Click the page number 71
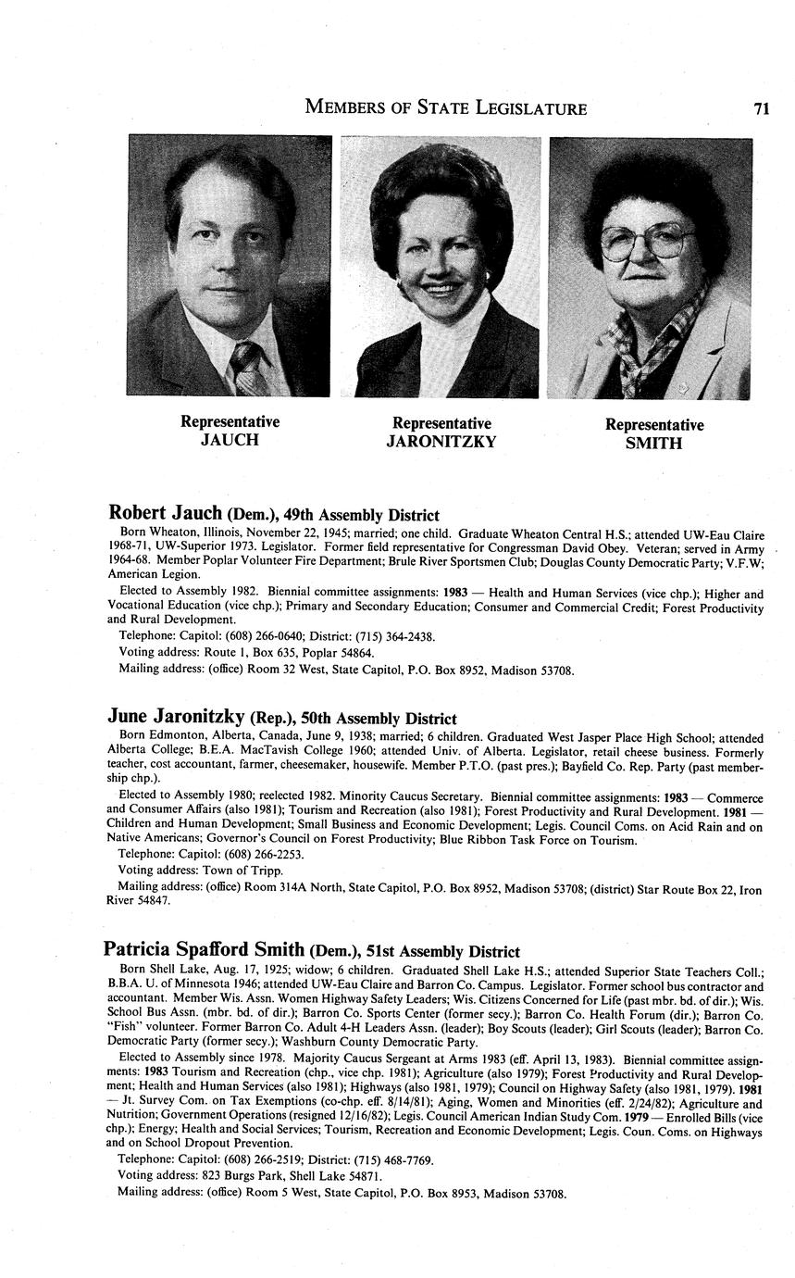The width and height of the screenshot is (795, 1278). (762, 108)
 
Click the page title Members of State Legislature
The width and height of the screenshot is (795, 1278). (445, 108)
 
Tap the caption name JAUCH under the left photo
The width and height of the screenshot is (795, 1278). (230, 440)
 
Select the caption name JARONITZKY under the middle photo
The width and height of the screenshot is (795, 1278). (441, 442)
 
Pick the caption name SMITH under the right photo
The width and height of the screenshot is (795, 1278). (653, 443)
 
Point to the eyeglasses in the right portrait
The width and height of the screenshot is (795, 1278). (647, 242)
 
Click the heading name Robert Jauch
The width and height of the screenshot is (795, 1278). (165, 513)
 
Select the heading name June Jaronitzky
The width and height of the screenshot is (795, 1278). (176, 717)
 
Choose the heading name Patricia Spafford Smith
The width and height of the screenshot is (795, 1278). (204, 949)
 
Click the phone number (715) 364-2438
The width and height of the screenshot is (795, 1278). (396, 636)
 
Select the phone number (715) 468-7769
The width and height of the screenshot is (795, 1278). (394, 1159)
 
